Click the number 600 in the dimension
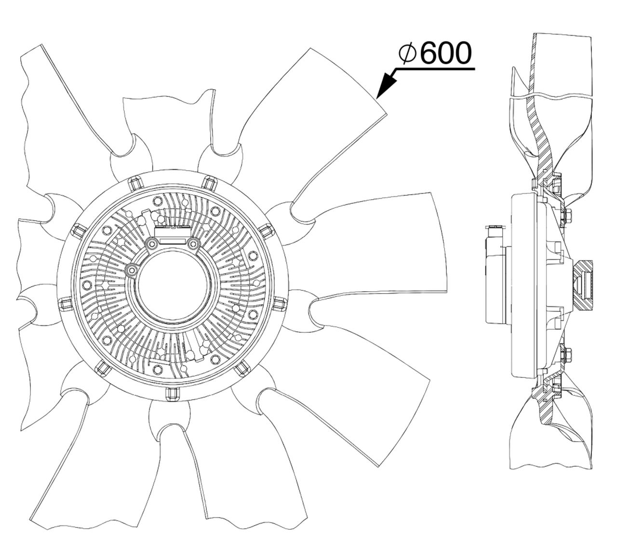point(447,54)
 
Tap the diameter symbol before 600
point(407,54)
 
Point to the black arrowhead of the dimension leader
point(387,84)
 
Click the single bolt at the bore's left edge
point(132,269)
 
